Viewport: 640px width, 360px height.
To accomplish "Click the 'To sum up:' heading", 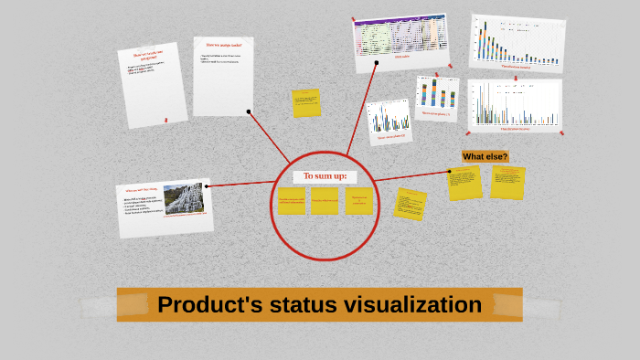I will [325, 175].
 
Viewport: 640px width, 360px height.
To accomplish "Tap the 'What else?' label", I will [485, 156].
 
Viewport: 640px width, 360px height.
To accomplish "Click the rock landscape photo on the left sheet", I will [184, 198].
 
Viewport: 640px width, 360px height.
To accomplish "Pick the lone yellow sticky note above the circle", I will [306, 103].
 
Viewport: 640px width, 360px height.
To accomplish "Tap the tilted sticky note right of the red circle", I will [411, 204].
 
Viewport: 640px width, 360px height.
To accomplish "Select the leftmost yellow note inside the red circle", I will [292, 201].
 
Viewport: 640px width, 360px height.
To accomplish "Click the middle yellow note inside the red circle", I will [324, 201].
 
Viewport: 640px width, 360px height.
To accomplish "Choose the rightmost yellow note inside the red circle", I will [358, 201].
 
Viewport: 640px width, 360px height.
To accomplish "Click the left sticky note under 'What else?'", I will [464, 183].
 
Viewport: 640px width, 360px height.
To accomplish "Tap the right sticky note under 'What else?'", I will [507, 182].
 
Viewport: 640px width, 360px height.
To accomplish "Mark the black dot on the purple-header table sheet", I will [376, 63].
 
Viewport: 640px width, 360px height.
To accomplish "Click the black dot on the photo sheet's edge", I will [207, 186].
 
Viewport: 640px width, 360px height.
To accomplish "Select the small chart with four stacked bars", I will [437, 97].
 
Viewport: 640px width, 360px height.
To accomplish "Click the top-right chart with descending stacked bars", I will [517, 42].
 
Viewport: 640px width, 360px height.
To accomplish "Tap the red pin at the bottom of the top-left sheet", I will [165, 119].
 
